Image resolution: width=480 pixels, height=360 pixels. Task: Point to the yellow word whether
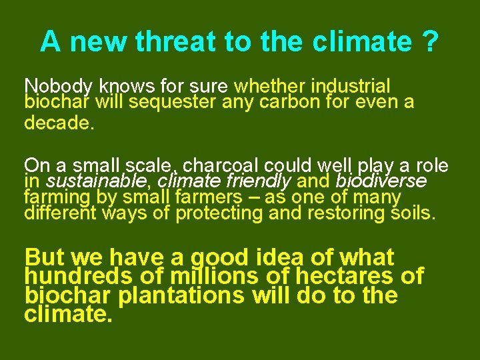coord(267,87)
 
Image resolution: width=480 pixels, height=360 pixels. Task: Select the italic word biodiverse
coord(381,181)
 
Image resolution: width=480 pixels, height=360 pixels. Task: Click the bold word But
coord(44,258)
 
